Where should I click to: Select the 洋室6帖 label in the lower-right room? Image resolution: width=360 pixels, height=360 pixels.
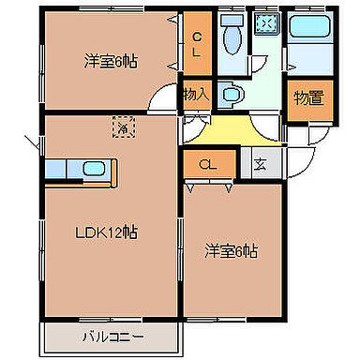pos(232,250)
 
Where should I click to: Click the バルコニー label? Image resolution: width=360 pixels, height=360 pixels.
pos(110,335)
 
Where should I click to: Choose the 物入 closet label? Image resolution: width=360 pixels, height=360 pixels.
pos(195,95)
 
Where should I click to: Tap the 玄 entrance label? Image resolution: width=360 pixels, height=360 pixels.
pos(260,165)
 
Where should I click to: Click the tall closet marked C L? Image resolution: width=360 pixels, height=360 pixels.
pos(197,44)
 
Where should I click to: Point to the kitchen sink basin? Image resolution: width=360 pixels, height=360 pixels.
pos(94,170)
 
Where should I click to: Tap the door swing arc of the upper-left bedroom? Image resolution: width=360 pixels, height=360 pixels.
pos(167,97)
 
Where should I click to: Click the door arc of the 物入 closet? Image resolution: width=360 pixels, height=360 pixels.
pos(196,121)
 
